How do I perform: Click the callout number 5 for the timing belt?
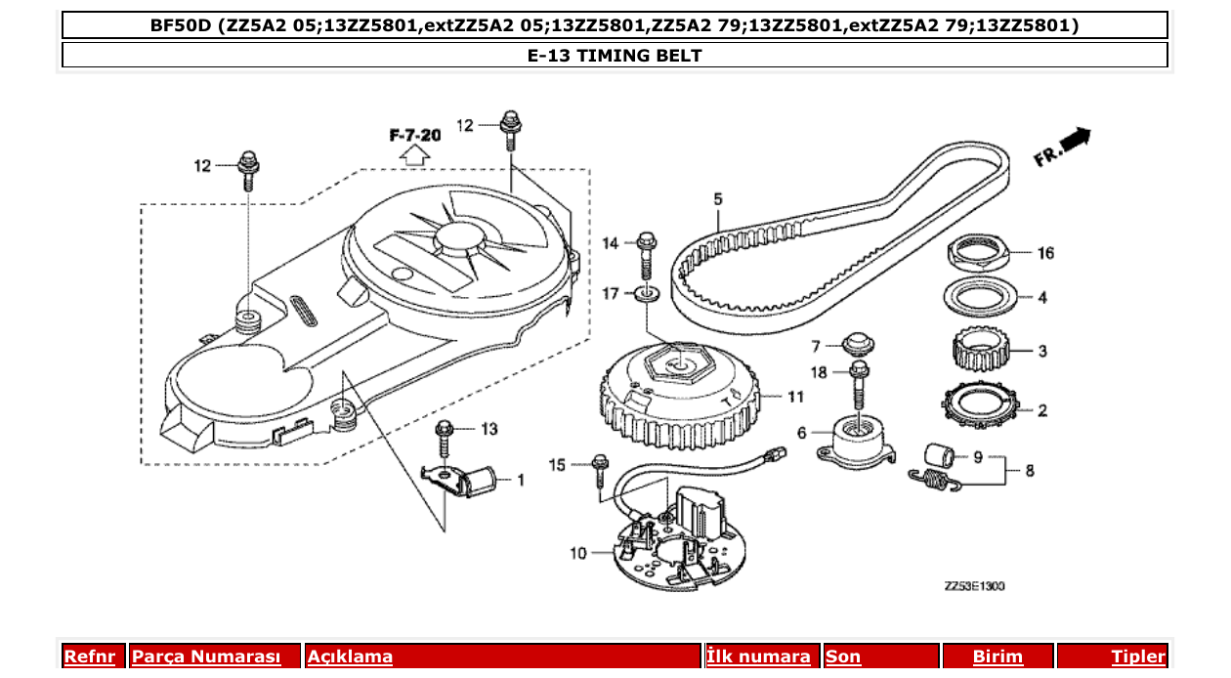[718, 199]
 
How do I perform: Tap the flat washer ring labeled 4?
[978, 294]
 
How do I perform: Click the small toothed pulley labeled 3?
[978, 350]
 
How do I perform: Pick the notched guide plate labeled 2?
[978, 406]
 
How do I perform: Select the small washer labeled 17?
[646, 293]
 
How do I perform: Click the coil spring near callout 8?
[937, 478]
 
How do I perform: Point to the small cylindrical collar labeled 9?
[939, 454]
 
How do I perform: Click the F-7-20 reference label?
[414, 135]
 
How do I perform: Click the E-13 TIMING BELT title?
[615, 55]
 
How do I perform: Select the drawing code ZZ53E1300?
[974, 586]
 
